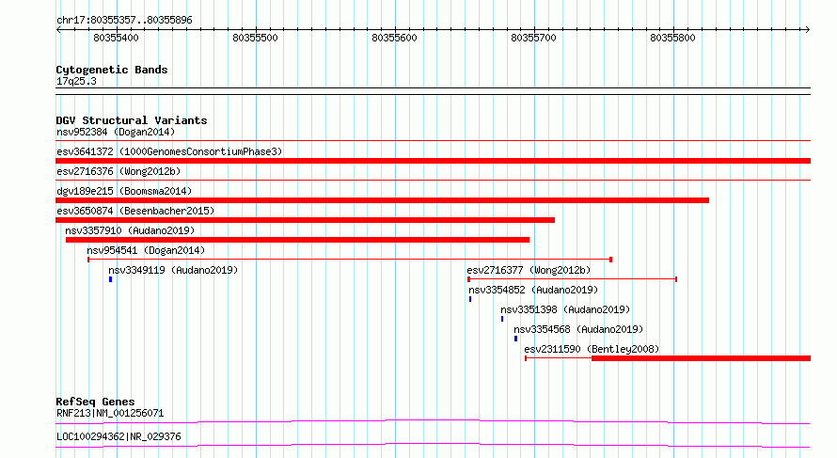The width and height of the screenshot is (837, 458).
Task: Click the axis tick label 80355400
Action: coord(116,38)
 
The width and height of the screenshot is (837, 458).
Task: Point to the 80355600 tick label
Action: coord(394,38)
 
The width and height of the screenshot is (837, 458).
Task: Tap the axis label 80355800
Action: coord(672,38)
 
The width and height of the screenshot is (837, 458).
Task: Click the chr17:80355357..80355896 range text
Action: coord(124,21)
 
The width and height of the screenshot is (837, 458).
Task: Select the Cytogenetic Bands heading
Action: coord(112,70)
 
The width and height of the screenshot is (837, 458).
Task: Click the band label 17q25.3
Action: coord(76,81)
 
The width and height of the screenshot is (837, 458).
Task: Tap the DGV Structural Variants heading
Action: coord(132,120)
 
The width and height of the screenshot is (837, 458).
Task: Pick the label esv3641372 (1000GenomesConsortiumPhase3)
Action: coord(169,151)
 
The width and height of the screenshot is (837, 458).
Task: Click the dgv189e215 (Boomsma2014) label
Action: coord(124,191)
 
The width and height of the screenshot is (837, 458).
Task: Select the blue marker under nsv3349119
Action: coord(110,279)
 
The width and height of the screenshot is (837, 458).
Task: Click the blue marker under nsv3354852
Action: coord(470,299)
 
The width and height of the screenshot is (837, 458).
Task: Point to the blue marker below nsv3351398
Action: coord(502,319)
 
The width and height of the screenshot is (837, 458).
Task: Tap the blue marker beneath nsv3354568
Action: coord(515,339)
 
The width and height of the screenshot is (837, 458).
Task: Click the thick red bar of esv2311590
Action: coord(701,358)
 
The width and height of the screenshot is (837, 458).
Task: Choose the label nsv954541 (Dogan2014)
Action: coord(146,250)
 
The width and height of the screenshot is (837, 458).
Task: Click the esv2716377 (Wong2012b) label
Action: coord(529,270)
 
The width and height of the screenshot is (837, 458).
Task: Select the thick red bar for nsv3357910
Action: coord(297,240)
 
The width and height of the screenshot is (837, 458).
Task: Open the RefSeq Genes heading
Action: coord(95,402)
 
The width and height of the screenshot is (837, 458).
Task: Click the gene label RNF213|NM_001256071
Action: coord(110,413)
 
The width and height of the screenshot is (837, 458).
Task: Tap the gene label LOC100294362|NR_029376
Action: coord(118,436)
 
